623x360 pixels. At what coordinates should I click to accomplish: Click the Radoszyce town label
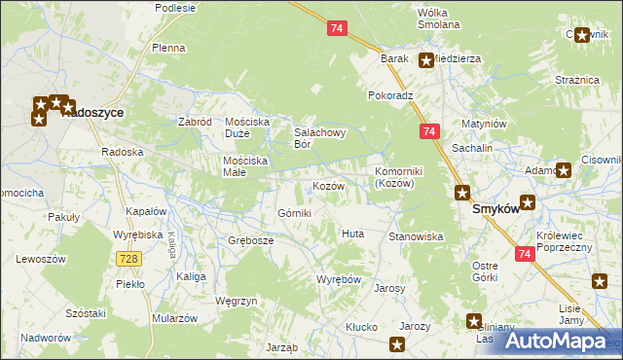coord(92,113)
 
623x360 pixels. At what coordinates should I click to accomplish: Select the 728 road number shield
coord(128,258)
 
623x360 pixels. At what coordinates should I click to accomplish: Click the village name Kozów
coord(328,185)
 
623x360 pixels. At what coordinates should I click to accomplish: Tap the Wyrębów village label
coord(339,279)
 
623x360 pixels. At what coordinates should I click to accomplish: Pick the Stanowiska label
coord(416,236)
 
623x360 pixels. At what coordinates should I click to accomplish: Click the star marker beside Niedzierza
coord(425,60)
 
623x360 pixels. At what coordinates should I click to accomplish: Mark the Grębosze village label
coord(250,239)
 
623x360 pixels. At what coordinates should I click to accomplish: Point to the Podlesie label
coord(175,8)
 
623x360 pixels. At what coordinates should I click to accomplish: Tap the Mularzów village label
coord(175,318)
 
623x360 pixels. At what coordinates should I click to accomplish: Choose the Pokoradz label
coord(391,96)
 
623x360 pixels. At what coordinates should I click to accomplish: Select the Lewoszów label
coord(41,259)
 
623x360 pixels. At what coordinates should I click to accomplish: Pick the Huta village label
coord(352,234)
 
